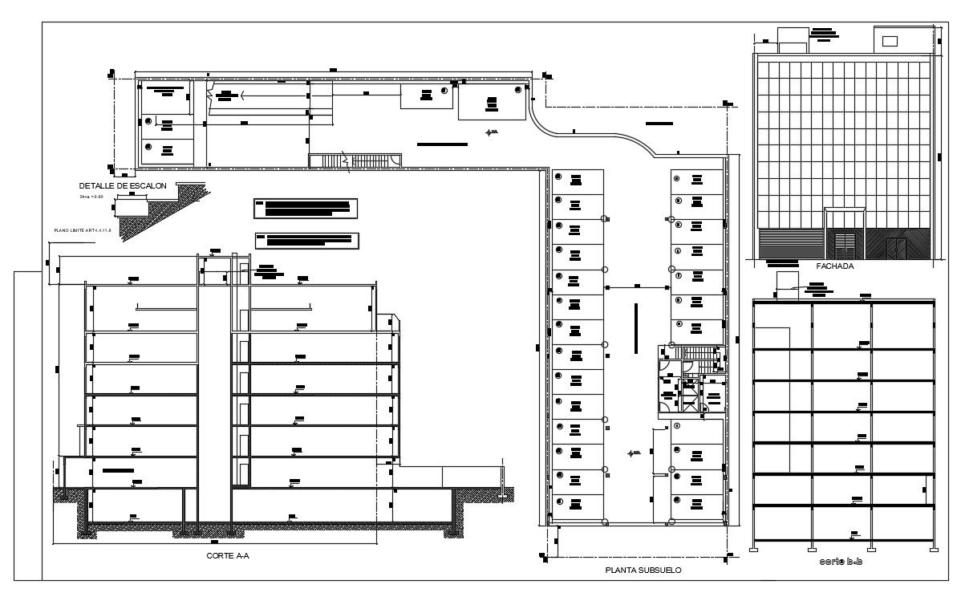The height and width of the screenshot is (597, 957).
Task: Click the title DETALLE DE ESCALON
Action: [122, 186]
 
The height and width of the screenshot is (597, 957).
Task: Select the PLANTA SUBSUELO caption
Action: [643, 571]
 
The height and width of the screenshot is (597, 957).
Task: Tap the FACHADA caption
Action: [834, 266]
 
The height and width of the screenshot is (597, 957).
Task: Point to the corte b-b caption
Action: [841, 562]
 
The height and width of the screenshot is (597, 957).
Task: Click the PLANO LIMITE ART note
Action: [81, 230]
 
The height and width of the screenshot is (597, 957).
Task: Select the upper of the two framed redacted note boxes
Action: [304, 208]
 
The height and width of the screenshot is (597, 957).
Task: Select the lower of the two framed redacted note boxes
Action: [306, 239]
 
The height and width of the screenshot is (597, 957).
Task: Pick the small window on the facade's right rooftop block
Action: [890, 41]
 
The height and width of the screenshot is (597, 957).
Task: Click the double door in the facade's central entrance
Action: [845, 244]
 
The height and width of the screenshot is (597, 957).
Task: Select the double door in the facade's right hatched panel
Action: [897, 248]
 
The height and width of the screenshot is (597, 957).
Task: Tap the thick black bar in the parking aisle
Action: [635, 327]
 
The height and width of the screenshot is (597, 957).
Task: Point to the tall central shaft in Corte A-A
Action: [214, 393]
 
